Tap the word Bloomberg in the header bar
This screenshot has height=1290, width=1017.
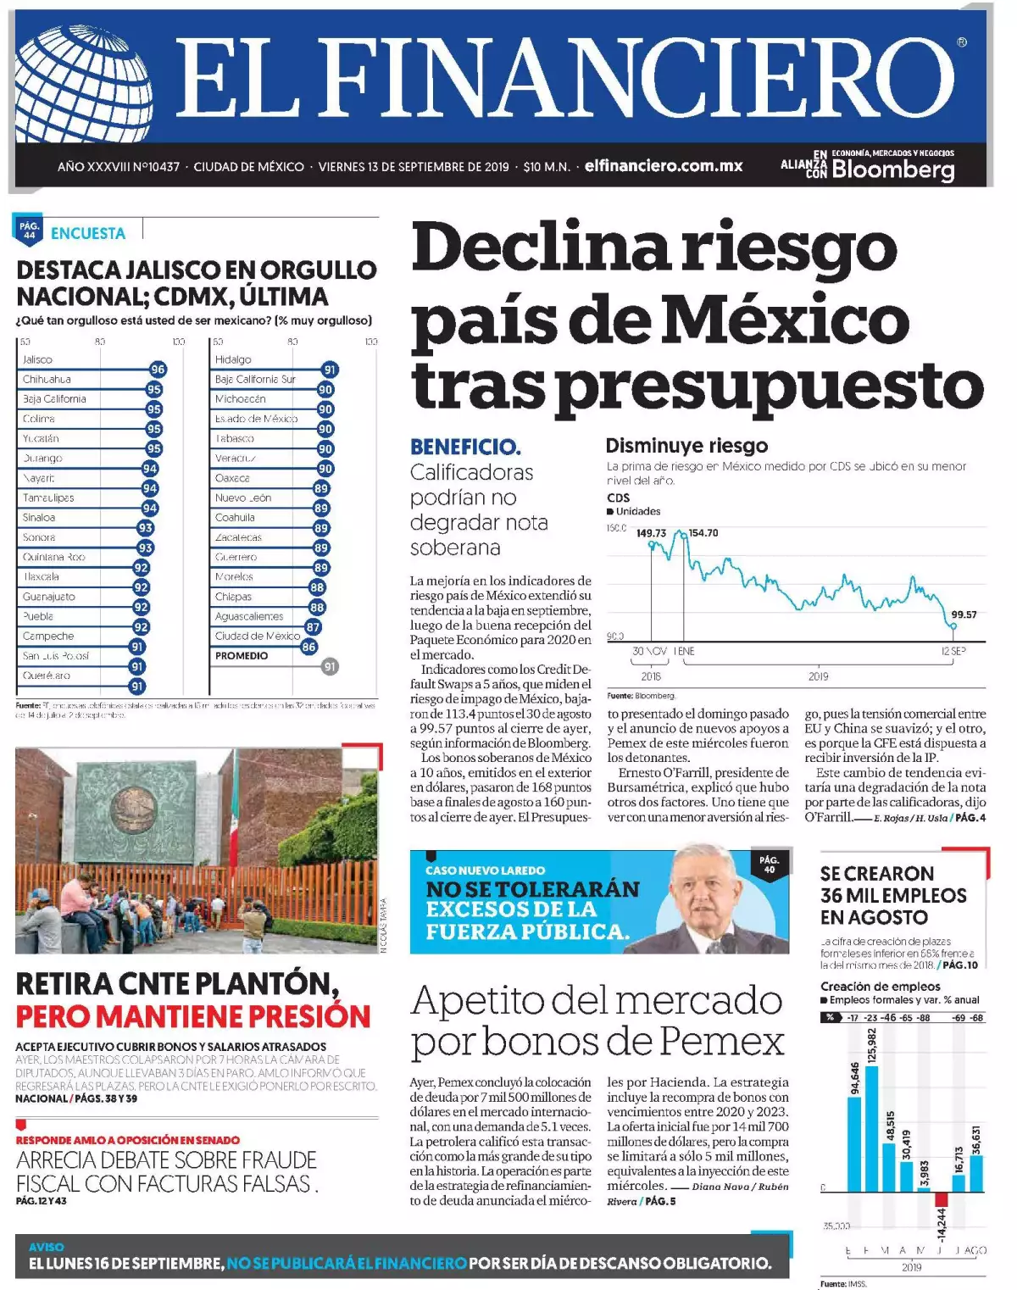(892, 170)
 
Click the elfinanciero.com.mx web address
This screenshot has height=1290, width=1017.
(663, 166)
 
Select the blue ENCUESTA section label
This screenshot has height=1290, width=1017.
(88, 233)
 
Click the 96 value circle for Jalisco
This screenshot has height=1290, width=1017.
(158, 370)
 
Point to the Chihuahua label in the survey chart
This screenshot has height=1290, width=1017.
(47, 379)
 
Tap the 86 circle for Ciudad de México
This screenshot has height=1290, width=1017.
(308, 647)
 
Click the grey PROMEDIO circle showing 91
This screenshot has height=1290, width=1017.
(330, 666)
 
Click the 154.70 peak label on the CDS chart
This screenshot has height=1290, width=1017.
(703, 533)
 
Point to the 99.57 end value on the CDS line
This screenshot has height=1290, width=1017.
(964, 614)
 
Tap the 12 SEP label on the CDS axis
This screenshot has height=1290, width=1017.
(953, 651)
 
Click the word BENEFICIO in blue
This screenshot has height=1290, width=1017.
(465, 447)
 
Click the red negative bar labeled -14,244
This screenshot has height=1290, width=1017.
(941, 1199)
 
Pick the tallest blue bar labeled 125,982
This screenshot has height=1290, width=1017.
(871, 1127)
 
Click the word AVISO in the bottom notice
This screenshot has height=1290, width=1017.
(46, 1247)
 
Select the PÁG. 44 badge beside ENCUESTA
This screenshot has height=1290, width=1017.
(30, 230)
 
